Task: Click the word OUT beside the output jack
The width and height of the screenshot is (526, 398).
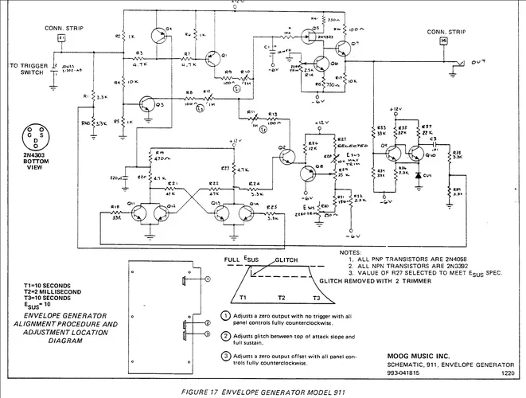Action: click(477, 61)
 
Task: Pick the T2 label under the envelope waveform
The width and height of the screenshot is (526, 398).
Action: click(280, 297)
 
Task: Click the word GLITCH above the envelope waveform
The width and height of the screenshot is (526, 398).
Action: click(286, 260)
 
